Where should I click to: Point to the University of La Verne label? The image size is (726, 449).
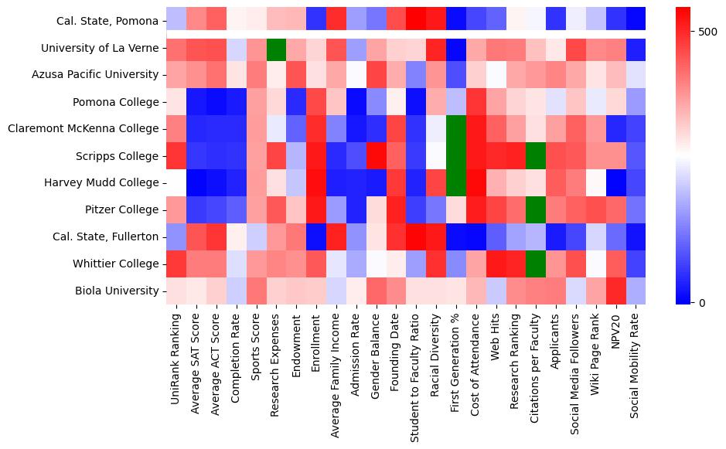(100, 48)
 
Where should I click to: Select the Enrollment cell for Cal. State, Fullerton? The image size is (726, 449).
(316, 237)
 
